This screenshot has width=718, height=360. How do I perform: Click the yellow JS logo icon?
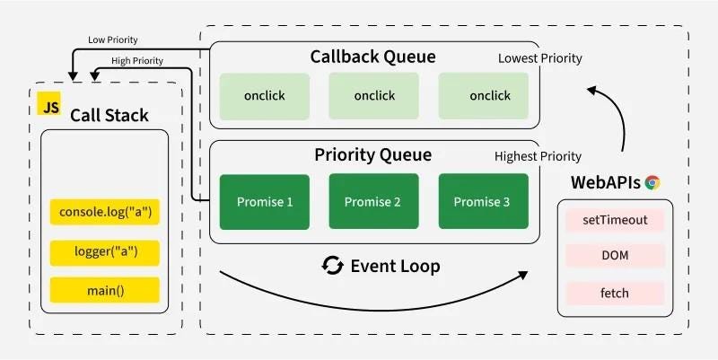pos(48,106)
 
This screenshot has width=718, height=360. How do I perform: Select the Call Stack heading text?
pos(109,116)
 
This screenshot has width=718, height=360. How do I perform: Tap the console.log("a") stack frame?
pos(105,213)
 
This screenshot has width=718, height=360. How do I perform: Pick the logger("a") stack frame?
pos(105,251)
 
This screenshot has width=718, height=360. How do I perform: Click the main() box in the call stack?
pos(105,290)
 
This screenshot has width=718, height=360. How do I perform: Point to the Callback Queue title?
pos(373,57)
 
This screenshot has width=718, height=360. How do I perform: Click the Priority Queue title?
pos(373,154)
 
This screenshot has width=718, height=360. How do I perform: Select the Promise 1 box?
pos(265,201)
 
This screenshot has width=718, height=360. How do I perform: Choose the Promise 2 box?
pos(373,201)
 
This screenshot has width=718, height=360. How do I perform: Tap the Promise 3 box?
pos(482,201)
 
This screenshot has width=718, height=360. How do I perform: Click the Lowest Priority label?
pos(540,58)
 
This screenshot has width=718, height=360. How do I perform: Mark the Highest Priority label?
pos(538,156)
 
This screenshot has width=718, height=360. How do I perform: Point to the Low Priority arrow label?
pos(112,40)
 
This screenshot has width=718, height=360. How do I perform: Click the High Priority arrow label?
pos(136,60)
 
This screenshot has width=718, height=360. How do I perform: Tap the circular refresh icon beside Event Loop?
pos(333,266)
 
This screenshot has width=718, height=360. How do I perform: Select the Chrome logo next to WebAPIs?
pos(652,183)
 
